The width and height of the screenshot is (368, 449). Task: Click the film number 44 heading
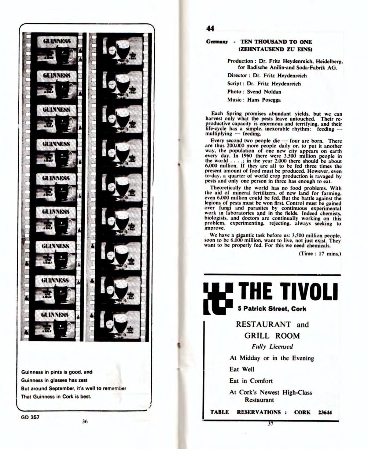pyautogui.click(x=210, y=29)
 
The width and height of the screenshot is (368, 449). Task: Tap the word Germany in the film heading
pyautogui.click(x=217, y=42)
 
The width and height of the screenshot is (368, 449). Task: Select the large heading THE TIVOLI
pyautogui.click(x=288, y=292)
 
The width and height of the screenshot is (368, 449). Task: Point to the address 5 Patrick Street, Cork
pyautogui.click(x=272, y=309)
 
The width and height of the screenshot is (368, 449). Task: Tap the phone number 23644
pyautogui.click(x=325, y=412)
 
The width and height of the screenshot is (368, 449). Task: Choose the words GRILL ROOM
pyautogui.click(x=272, y=336)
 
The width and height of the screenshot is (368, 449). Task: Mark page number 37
pyautogui.click(x=270, y=424)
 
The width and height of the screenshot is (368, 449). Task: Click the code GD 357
pyautogui.click(x=30, y=417)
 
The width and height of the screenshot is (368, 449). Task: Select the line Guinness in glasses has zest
pyautogui.click(x=54, y=380)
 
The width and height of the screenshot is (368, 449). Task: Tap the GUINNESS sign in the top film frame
pyautogui.click(x=57, y=41)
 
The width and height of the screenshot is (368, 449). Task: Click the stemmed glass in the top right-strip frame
pyautogui.click(x=123, y=49)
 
